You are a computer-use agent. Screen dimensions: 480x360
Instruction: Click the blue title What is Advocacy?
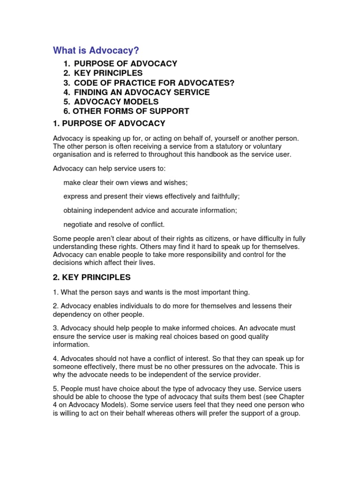96,50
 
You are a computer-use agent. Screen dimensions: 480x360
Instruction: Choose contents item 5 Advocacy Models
116,102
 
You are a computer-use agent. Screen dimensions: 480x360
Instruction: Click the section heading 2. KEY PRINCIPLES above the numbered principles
92,277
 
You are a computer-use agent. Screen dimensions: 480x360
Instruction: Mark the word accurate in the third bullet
187,210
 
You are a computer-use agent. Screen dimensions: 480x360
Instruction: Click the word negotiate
79,225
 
